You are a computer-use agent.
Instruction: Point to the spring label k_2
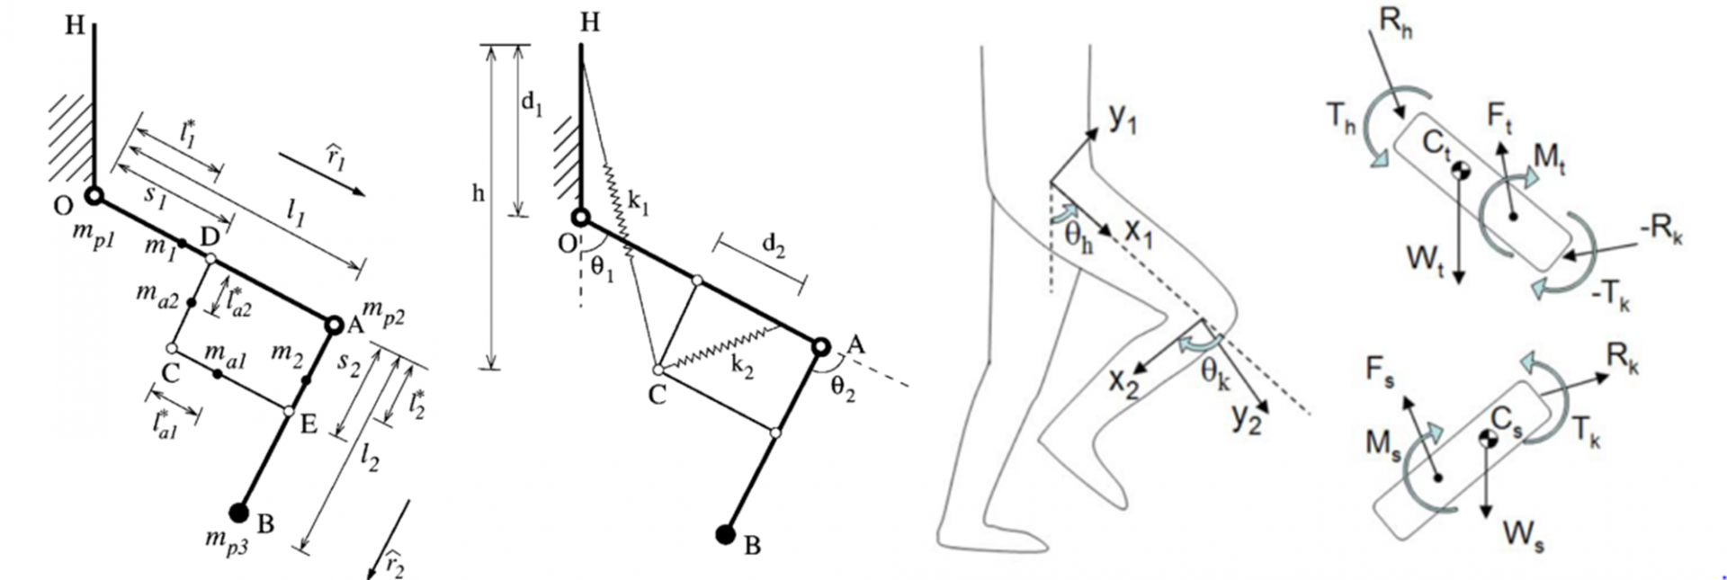coord(742,367)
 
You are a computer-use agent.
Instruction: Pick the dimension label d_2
coord(773,245)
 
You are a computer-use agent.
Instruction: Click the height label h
coord(479,192)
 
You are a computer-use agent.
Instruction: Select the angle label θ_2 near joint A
coord(843,388)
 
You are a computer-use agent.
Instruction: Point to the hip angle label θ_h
coord(1079,238)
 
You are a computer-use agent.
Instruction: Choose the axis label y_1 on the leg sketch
coord(1123,118)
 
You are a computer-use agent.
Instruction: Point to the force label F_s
coord(1380,370)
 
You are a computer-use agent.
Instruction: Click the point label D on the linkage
coord(210,237)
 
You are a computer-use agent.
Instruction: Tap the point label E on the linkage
coord(308,423)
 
